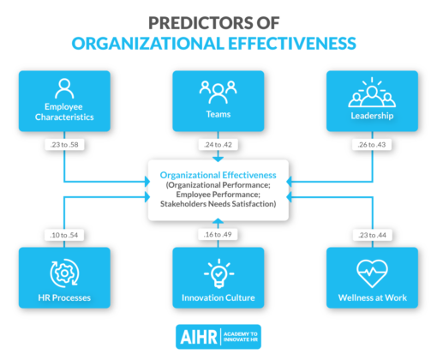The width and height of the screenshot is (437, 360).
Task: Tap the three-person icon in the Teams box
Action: (x=218, y=88)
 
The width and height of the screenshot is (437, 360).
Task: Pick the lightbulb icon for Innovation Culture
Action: (x=218, y=272)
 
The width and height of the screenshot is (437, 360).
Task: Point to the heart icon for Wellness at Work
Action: (x=373, y=273)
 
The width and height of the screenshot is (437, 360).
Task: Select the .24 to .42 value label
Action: (x=218, y=145)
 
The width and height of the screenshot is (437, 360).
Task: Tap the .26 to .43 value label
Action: (x=373, y=145)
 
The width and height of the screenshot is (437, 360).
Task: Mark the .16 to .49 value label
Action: (x=218, y=233)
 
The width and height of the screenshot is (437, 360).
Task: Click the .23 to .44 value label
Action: (x=373, y=233)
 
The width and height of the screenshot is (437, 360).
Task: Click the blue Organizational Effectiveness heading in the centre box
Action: (x=218, y=174)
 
